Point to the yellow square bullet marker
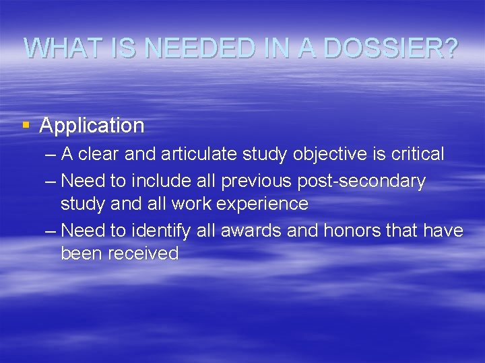click(x=26, y=124)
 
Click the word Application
click(x=92, y=126)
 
